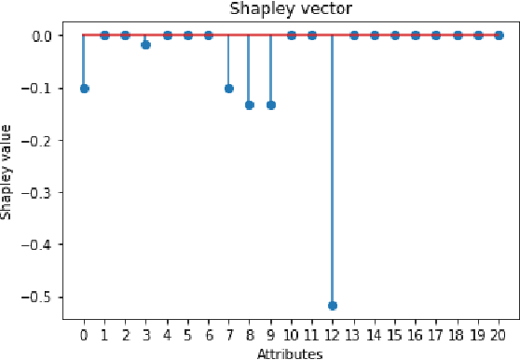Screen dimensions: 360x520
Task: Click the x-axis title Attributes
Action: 291,353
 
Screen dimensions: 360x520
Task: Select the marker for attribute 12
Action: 333,305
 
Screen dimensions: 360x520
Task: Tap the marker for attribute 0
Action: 84,89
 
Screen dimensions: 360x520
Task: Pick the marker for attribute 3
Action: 146,45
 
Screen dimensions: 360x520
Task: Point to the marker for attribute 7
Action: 229,89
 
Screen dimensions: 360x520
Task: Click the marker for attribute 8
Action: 250,104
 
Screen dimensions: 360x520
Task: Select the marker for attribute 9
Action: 270,104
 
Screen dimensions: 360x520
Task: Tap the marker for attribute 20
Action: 499,35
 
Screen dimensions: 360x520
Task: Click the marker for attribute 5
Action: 187,35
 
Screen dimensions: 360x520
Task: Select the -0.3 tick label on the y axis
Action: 41,192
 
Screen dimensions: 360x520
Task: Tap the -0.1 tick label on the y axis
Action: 41,88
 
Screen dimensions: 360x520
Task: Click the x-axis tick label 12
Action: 333,333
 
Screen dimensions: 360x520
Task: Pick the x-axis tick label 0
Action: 84,333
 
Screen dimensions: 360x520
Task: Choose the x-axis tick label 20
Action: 499,333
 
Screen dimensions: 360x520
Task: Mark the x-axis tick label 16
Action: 416,333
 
